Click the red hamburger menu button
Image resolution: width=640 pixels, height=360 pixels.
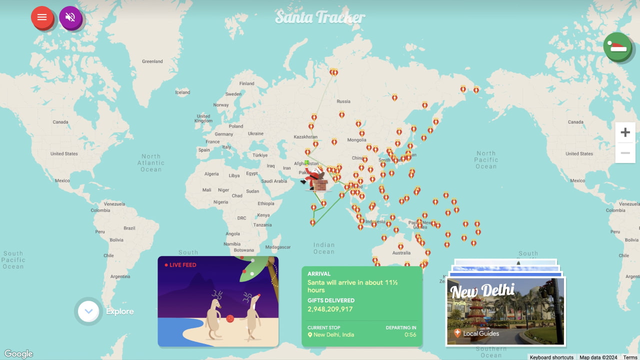click(42, 17)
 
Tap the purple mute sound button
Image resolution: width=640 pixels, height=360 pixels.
click(70, 17)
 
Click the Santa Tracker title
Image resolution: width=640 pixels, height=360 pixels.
click(320, 17)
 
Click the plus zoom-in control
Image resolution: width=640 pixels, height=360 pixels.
click(625, 132)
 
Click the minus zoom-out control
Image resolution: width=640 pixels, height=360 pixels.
click(625, 153)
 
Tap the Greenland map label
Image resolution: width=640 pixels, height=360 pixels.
click(152, 61)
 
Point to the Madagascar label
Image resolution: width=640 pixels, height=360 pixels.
click(277, 247)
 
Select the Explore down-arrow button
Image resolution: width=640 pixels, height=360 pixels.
click(89, 311)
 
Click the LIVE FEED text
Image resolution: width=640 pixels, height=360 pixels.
click(182, 265)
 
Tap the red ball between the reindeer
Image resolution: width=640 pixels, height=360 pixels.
click(230, 318)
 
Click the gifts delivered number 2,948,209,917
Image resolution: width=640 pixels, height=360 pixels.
click(330, 309)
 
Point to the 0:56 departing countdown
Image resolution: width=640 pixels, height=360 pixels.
click(410, 335)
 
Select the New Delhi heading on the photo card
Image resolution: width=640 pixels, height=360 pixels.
click(482, 290)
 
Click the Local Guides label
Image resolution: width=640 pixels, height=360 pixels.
click(480, 333)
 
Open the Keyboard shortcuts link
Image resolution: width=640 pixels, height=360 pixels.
click(551, 357)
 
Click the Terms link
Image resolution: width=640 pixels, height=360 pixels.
click(630, 357)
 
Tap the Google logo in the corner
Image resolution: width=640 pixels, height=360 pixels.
click(18, 354)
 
